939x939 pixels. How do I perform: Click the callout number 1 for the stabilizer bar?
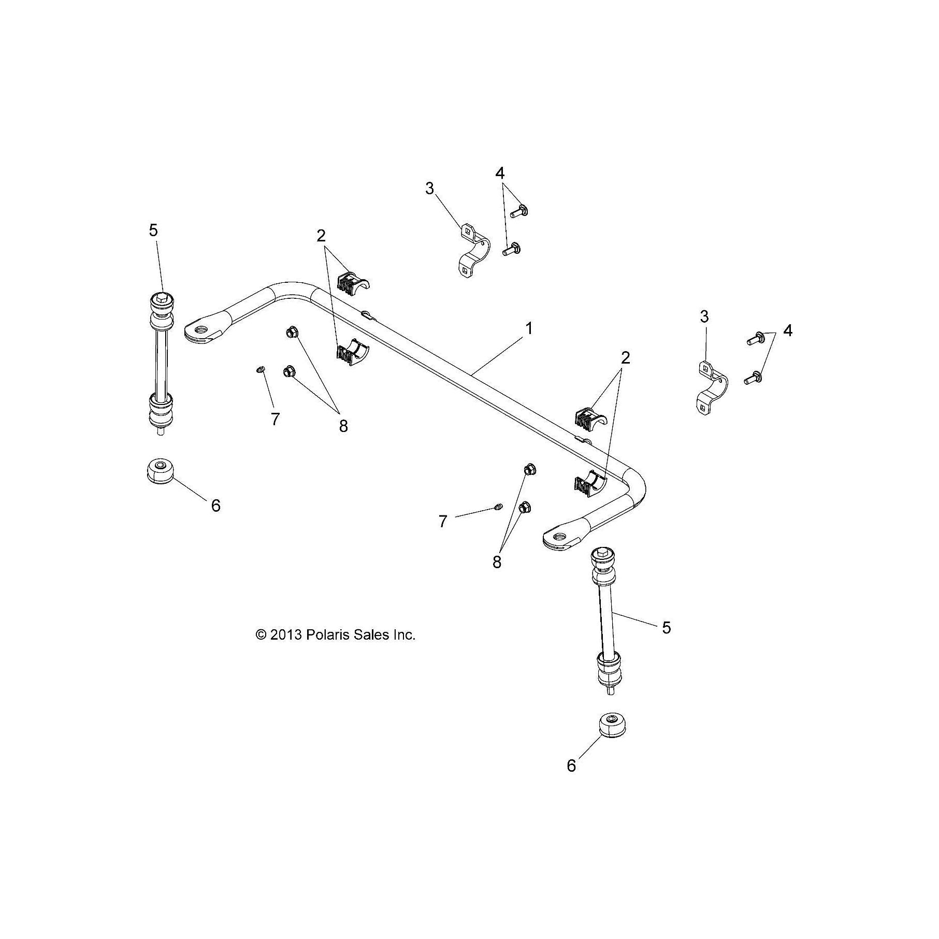(x=529, y=328)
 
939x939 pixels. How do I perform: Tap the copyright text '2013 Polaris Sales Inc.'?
(x=336, y=634)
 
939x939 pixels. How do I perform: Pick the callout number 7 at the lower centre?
(x=442, y=522)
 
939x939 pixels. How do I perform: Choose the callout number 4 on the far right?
(x=787, y=330)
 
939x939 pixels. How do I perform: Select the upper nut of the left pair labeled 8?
(x=291, y=333)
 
